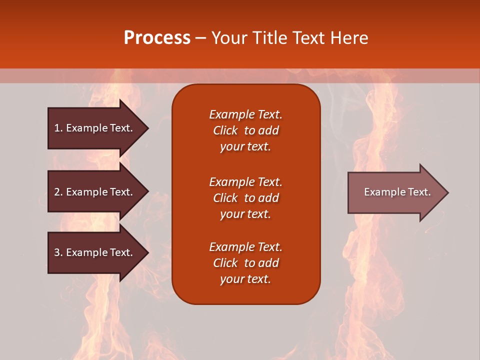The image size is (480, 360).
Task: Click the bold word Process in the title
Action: coord(157,38)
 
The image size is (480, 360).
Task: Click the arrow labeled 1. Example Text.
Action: coord(95,128)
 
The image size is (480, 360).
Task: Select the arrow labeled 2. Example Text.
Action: coord(95,192)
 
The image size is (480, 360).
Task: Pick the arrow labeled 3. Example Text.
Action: coord(95,252)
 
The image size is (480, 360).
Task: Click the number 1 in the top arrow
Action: coord(57,128)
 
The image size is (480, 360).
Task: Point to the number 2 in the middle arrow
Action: coord(57,192)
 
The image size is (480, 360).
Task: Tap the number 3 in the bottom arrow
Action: coord(57,252)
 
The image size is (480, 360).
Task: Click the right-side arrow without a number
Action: coord(395,192)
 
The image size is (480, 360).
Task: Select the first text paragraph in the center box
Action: coord(245,130)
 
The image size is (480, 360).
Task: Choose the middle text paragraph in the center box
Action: coord(245,198)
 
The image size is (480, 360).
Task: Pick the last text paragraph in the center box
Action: coord(245,263)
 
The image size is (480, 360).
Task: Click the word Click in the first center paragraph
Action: coord(225,130)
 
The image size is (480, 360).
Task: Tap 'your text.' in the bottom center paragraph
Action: coord(245,279)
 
